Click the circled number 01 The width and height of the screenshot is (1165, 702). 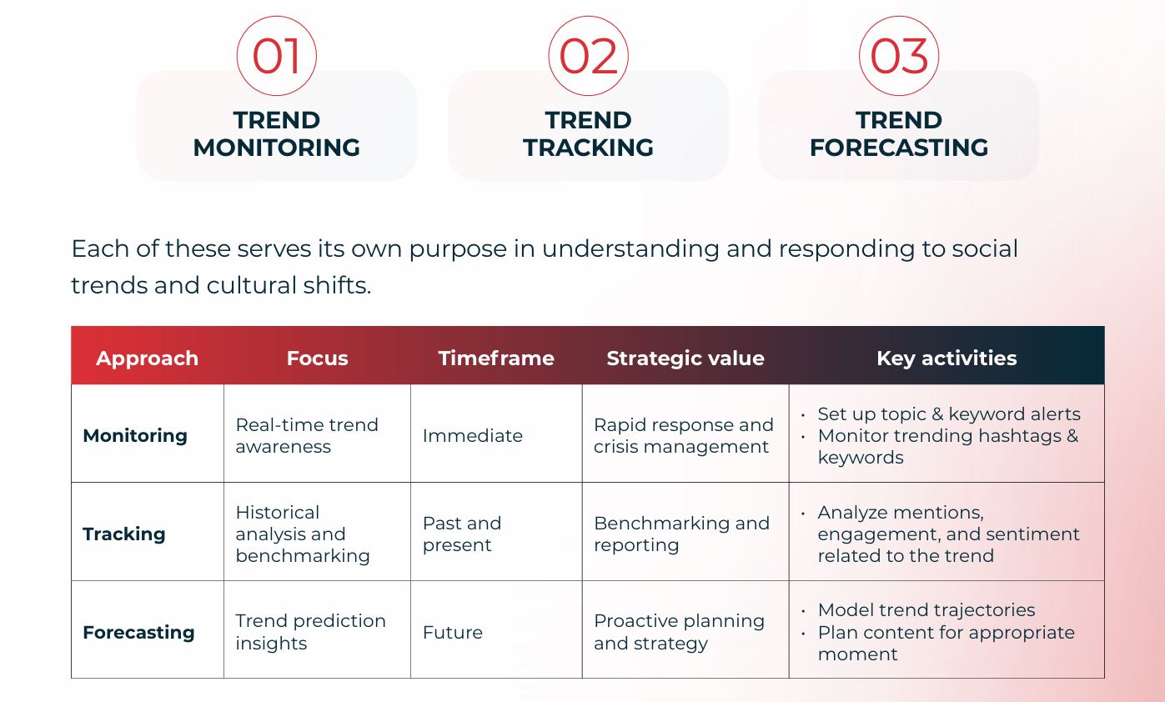tap(277, 56)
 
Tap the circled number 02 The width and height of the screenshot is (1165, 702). tap(588, 56)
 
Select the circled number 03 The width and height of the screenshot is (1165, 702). tap(899, 56)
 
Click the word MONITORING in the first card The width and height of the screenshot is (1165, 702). tap(277, 148)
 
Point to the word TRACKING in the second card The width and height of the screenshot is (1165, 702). tap(588, 148)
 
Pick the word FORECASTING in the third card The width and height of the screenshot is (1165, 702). tap(899, 148)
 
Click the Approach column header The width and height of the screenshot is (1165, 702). tap(147, 359)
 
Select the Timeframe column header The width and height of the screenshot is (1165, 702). tap(496, 359)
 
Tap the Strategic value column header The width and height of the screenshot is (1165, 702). tap(685, 359)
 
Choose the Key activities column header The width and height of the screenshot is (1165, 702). tap(947, 359)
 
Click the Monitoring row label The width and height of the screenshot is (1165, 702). tap(135, 436)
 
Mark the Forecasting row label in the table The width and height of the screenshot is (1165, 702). tap(139, 632)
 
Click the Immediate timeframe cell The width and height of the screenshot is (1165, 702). tap(473, 436)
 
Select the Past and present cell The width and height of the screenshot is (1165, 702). tap(462, 534)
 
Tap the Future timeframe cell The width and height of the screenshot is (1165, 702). tap(453, 632)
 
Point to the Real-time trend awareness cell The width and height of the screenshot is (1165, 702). tap(307, 436)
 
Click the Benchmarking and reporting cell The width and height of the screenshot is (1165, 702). tap(681, 534)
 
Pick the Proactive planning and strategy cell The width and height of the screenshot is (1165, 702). tap(679, 632)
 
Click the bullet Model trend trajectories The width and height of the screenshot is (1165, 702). tap(926, 610)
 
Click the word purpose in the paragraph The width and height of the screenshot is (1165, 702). tap(458, 249)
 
